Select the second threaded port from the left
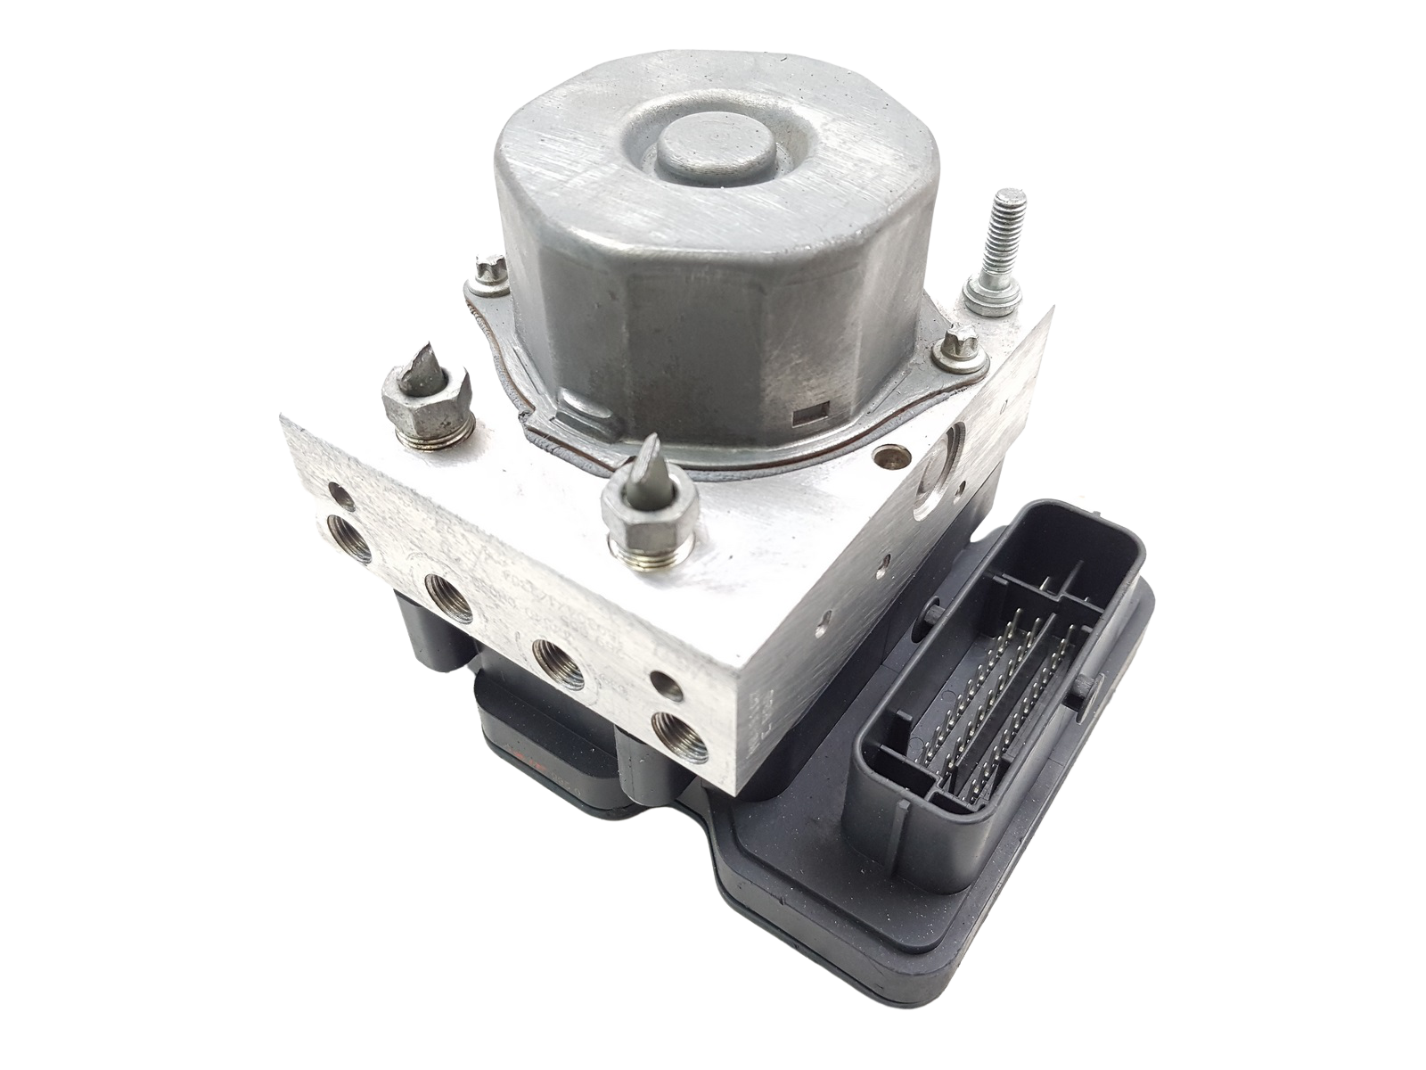pos(447,598)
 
